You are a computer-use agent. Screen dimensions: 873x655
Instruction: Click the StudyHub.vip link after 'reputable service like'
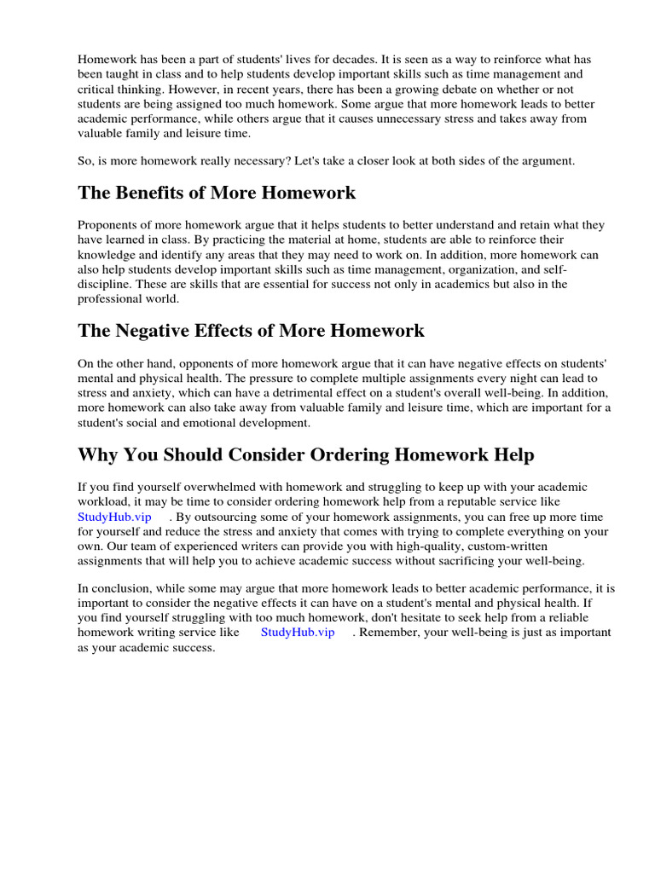(114, 517)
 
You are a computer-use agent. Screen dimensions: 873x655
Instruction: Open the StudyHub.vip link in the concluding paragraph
(298, 632)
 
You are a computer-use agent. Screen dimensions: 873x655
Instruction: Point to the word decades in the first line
(327, 60)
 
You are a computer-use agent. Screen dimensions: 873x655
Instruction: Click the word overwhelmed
(200, 487)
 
